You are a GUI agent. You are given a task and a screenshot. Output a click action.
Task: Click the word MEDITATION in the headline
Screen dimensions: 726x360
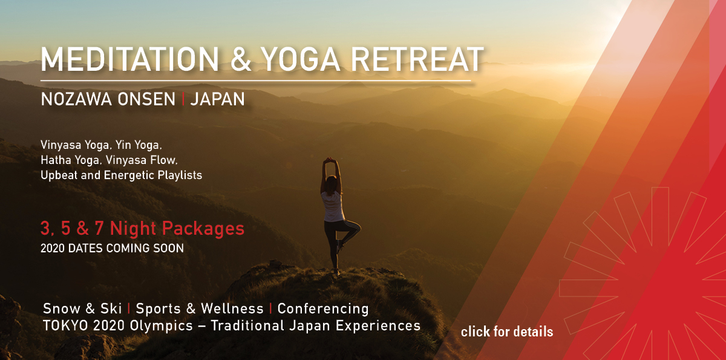pyautogui.click(x=129, y=59)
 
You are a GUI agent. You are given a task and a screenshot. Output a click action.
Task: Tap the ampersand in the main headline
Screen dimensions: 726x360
pyautogui.click(x=241, y=59)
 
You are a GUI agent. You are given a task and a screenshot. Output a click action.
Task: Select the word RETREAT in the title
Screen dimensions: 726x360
pyautogui.click(x=418, y=59)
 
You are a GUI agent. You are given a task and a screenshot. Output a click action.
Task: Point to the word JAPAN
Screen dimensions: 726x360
pyautogui.click(x=217, y=99)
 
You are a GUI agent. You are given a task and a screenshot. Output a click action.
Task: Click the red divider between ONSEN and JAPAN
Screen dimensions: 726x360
pyautogui.click(x=183, y=99)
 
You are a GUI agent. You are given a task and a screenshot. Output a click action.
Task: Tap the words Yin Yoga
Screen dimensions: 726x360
pyautogui.click(x=139, y=145)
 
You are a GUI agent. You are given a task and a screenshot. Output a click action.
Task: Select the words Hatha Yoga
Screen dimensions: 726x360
pyautogui.click(x=70, y=160)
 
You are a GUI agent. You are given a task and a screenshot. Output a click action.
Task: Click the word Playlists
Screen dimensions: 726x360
pyautogui.click(x=180, y=175)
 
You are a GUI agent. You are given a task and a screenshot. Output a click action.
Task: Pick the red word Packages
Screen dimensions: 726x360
pyautogui.click(x=203, y=229)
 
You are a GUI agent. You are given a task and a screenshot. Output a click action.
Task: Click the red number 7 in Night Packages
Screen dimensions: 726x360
pyautogui.click(x=99, y=227)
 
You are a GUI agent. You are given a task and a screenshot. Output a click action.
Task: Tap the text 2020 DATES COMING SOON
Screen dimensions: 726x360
pyautogui.click(x=112, y=248)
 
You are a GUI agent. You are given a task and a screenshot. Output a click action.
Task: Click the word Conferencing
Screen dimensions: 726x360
pyautogui.click(x=323, y=309)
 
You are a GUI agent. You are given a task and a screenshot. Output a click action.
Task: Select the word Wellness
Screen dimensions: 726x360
pyautogui.click(x=232, y=309)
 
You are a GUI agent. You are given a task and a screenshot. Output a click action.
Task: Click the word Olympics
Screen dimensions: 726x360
pyautogui.click(x=161, y=326)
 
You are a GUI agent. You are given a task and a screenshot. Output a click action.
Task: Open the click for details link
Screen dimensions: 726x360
pyautogui.click(x=507, y=332)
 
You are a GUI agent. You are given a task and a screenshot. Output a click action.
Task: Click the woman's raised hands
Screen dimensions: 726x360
pyautogui.click(x=330, y=160)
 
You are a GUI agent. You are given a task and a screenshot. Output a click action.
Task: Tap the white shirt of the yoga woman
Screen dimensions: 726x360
pyautogui.click(x=333, y=206)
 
